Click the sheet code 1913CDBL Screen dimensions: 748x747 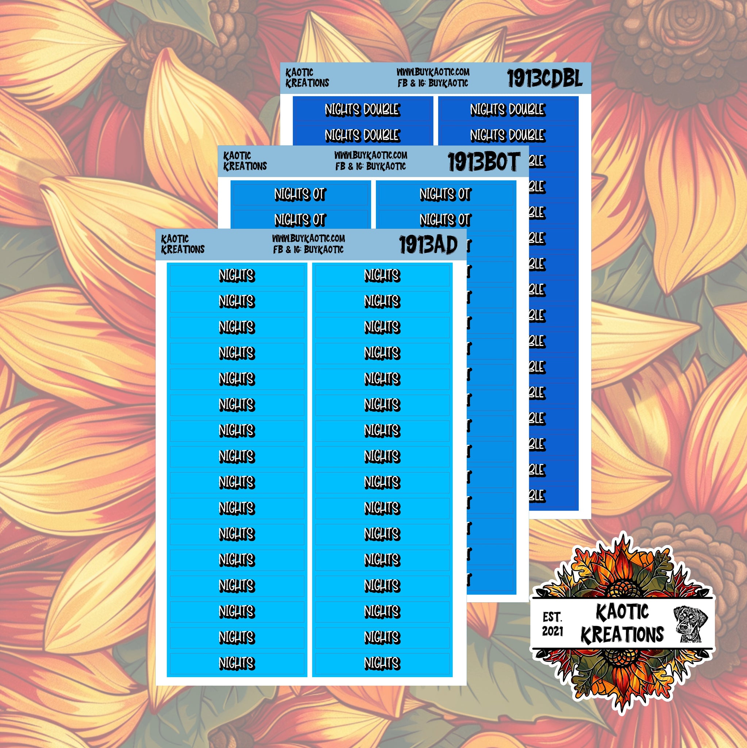[544, 79]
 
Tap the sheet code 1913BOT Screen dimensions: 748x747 [484, 162]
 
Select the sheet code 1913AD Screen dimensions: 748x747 [428, 245]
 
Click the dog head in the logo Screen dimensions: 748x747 [690, 624]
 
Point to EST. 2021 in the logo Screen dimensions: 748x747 [552, 624]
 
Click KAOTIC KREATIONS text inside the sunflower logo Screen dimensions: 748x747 [622, 624]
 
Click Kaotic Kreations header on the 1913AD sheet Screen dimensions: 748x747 [182, 244]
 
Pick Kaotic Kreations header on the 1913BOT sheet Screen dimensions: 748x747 [245, 161]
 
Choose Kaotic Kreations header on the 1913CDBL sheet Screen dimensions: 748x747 [307, 78]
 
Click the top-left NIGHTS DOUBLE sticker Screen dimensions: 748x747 [362, 110]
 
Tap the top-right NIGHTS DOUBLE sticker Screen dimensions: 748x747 [507, 110]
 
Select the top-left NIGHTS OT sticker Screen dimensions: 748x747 [300, 194]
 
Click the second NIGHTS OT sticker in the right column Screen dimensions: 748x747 [445, 220]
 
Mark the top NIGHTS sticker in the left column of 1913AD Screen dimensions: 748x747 [237, 275]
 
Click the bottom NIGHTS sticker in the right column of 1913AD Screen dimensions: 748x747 [382, 663]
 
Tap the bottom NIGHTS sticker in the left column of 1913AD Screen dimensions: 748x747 [237, 663]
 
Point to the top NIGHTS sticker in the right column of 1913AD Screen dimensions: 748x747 [382, 275]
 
